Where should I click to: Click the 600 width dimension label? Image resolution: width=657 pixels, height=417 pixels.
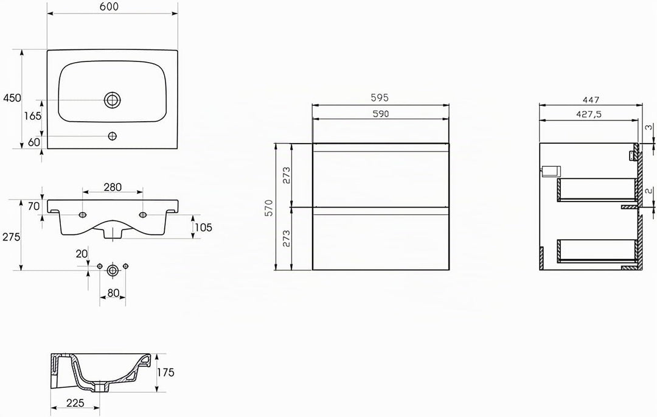[x=109, y=7]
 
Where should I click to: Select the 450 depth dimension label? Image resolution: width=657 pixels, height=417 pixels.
[x=12, y=98]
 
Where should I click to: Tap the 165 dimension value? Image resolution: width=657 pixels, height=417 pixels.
[x=33, y=116]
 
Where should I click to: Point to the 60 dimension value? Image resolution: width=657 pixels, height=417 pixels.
[x=34, y=142]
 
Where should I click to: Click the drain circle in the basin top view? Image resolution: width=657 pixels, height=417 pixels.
[x=113, y=100]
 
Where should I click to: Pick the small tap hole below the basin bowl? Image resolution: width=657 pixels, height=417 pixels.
[x=113, y=136]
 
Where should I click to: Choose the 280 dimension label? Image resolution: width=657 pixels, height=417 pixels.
[x=113, y=187]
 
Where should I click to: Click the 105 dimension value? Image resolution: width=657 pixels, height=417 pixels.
[x=203, y=228]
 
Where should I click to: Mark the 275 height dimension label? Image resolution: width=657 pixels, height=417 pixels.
[x=12, y=237]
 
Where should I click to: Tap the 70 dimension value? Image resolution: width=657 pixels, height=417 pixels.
[x=34, y=206]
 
